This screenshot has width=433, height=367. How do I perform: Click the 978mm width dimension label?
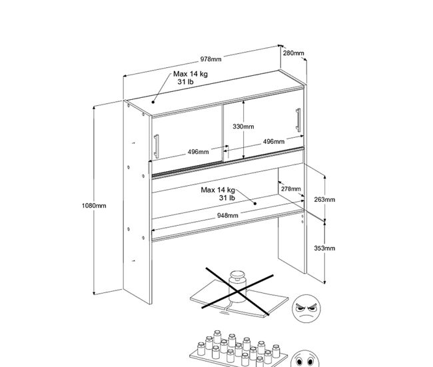click(x=211, y=59)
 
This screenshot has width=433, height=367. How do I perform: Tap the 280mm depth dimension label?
click(x=293, y=53)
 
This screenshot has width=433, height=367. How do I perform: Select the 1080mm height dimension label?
click(x=94, y=205)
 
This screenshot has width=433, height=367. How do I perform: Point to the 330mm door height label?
click(x=243, y=127)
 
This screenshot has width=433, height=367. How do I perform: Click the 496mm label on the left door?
click(x=199, y=152)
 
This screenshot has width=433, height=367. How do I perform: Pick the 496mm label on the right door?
click(x=274, y=142)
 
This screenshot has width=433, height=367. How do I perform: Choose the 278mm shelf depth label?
click(x=291, y=189)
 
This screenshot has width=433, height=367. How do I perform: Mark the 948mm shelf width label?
click(x=228, y=215)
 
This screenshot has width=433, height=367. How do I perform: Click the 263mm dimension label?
click(x=325, y=200)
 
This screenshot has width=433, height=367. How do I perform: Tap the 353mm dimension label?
click(x=325, y=248)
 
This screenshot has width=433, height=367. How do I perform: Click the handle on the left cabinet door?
click(x=157, y=147)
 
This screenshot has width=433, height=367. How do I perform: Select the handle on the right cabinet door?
click(x=298, y=120)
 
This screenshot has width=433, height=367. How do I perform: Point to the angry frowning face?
click(x=306, y=309)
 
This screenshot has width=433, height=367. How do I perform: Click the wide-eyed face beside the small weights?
click(x=305, y=359)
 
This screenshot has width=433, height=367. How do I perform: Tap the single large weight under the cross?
click(x=237, y=286)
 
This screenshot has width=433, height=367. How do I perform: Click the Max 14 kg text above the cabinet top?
click(x=191, y=74)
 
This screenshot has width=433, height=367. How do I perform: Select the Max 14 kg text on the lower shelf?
click(x=218, y=190)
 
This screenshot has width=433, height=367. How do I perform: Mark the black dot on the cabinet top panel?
click(x=153, y=102)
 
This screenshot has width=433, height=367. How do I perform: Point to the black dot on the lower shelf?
click(x=255, y=204)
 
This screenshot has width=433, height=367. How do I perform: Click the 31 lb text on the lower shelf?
click(x=227, y=198)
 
